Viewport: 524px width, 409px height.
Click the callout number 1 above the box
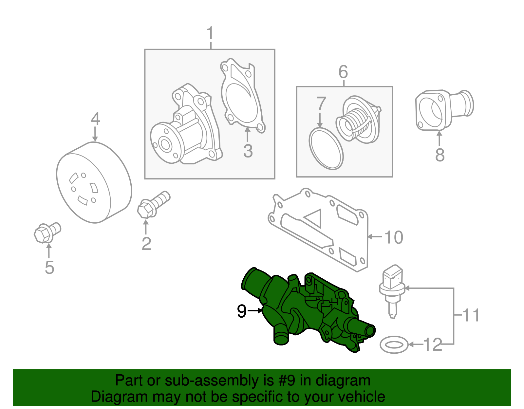point(210,34)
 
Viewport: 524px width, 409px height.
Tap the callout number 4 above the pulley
point(95,119)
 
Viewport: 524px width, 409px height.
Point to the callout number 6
point(343,72)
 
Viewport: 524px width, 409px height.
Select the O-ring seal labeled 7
point(326,149)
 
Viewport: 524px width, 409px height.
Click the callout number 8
point(440,155)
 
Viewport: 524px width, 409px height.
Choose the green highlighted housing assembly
point(308,311)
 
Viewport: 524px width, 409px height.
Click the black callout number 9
point(242,311)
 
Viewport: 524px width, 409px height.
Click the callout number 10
point(394,237)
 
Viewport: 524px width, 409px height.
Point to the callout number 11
point(471,315)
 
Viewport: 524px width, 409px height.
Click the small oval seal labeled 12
point(394,344)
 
